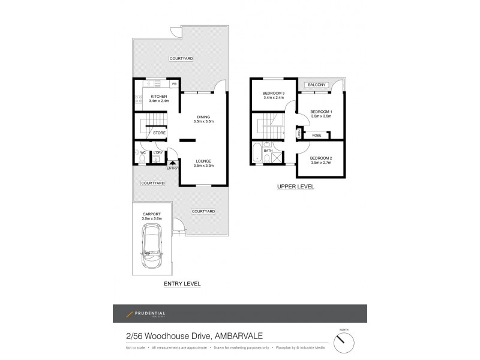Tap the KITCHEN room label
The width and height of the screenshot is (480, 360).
click(x=159, y=97)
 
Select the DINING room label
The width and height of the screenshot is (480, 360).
click(x=204, y=117)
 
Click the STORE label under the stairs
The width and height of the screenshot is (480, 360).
click(x=160, y=133)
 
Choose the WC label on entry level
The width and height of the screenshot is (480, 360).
click(x=143, y=152)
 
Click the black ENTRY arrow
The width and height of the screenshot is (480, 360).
click(x=173, y=162)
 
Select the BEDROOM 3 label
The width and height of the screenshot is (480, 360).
click(x=274, y=94)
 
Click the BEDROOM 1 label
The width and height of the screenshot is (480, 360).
click(x=321, y=112)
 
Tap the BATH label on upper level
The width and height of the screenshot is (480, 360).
click(x=268, y=159)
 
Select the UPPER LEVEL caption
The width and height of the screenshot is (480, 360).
click(x=296, y=187)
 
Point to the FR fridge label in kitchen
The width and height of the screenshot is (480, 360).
click(x=174, y=84)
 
